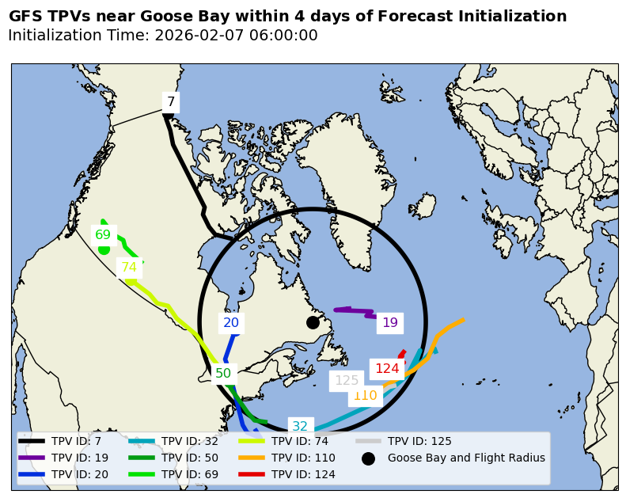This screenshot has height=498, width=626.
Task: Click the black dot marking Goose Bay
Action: coord(313,322)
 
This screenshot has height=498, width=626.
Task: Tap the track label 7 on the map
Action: coord(171,101)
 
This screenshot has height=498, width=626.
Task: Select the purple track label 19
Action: coord(390,322)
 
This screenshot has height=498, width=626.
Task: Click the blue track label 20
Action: coord(231,322)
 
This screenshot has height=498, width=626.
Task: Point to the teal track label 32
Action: coord(300,426)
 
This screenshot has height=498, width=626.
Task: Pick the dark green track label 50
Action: coord(223,373)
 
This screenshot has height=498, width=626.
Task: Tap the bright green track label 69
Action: coord(103,234)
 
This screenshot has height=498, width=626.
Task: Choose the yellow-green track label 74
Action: coord(129,268)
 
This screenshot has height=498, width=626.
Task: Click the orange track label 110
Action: coord(365,396)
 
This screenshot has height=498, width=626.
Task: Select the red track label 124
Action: coord(387,368)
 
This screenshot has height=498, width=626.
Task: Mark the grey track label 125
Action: coord(347,380)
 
